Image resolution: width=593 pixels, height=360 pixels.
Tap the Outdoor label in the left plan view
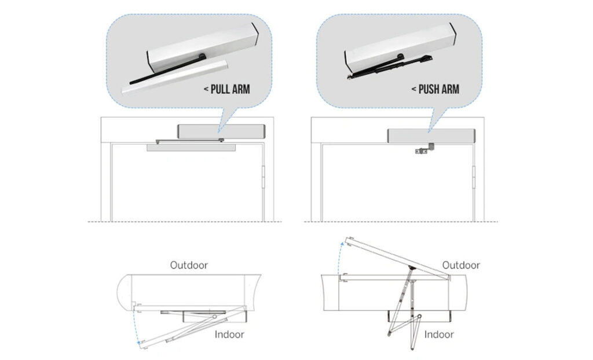[x=189, y=265]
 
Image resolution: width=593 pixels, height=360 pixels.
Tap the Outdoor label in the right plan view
[x=461, y=265]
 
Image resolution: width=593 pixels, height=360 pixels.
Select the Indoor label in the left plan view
[x=229, y=334]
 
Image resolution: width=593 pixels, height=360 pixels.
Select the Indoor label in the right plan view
[x=439, y=334]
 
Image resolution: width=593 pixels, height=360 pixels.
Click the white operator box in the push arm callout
[x=400, y=43]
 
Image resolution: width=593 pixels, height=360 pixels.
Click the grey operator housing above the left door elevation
[x=221, y=131]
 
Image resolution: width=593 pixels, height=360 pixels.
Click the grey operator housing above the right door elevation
[x=431, y=135]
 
